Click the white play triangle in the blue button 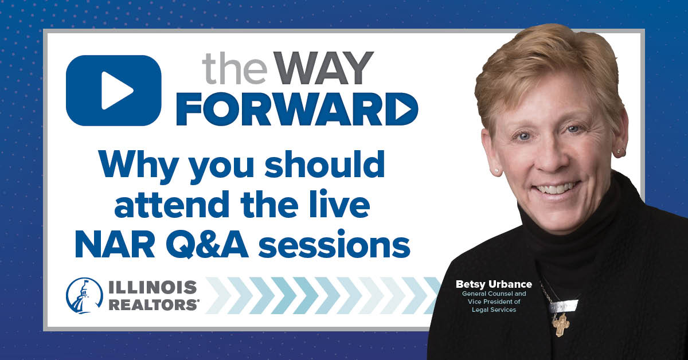point(116,91)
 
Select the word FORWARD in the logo point(297,109)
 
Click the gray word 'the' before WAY point(234,69)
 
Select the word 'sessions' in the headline point(334,246)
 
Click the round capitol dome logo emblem point(84,295)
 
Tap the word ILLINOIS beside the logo point(153,287)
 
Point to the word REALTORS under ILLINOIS point(153,305)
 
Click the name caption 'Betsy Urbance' point(494,284)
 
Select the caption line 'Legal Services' point(494,310)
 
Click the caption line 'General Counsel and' point(494,294)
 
